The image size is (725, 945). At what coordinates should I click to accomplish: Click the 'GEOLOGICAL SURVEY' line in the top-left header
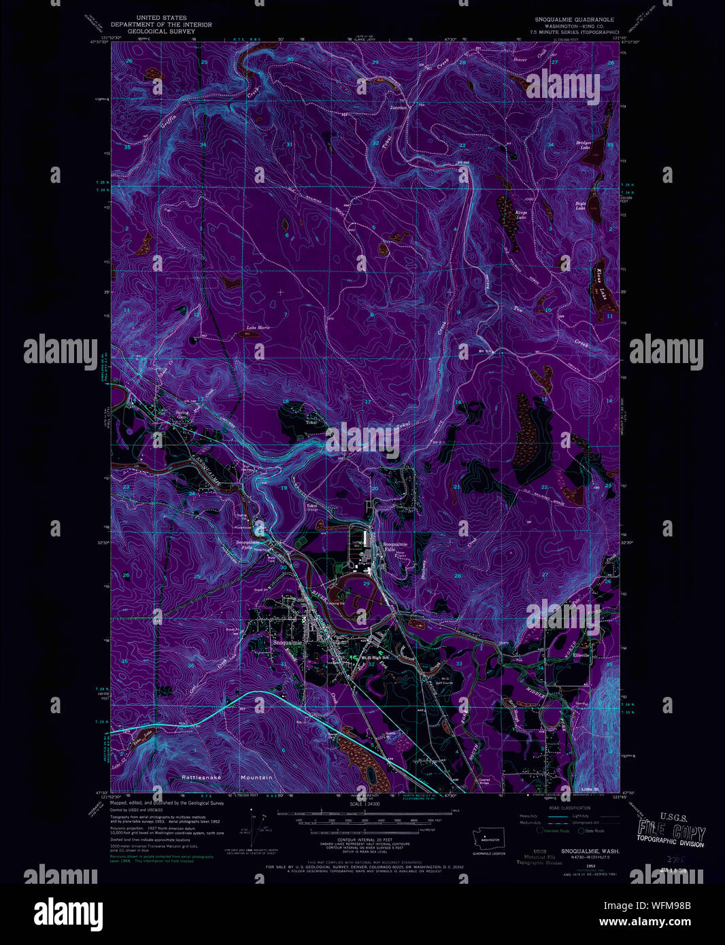(x=161, y=31)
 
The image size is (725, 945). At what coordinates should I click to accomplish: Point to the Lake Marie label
(x=258, y=328)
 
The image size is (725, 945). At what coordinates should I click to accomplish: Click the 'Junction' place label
(x=398, y=107)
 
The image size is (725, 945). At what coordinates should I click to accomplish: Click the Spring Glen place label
(x=182, y=414)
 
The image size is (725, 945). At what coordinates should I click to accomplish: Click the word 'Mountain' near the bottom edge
(x=256, y=777)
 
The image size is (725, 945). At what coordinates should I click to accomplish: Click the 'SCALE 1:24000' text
(x=365, y=804)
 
